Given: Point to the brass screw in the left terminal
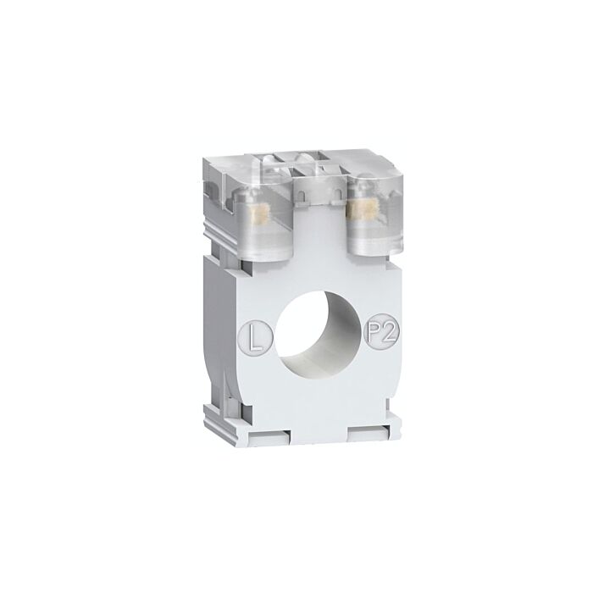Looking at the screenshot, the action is (x=260, y=215).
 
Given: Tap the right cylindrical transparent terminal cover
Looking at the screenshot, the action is (x=374, y=213).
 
